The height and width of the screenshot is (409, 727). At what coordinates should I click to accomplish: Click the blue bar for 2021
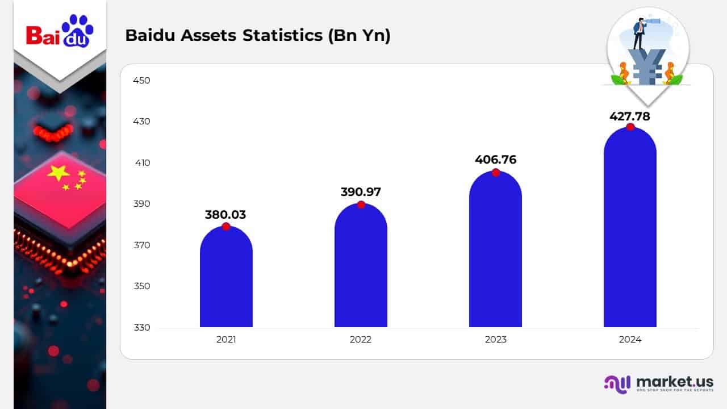click(x=226, y=278)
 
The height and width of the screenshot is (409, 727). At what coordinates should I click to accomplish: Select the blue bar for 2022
click(x=361, y=267)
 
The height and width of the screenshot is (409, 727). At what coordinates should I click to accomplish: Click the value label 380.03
click(x=225, y=215)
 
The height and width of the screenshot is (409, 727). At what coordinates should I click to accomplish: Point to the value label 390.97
click(x=361, y=192)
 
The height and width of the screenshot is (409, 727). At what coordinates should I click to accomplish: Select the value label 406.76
click(x=495, y=160)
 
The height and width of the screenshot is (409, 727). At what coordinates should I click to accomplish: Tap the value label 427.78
click(x=630, y=116)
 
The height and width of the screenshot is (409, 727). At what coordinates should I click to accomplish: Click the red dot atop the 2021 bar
click(x=226, y=227)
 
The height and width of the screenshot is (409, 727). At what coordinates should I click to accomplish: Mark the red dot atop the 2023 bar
click(x=496, y=173)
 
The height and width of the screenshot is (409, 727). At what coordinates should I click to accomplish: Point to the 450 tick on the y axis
click(x=141, y=81)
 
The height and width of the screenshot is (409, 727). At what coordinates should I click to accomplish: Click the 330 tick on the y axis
click(x=141, y=328)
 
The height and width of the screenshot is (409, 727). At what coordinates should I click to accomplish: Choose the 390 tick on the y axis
click(x=141, y=204)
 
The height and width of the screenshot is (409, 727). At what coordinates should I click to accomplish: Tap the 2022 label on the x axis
click(x=361, y=340)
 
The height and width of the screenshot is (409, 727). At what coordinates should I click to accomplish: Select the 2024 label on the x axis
click(x=630, y=340)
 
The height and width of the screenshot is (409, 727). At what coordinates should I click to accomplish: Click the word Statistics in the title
click(x=289, y=35)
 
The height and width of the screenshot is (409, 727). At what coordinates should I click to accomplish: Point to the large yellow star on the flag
click(x=59, y=172)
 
